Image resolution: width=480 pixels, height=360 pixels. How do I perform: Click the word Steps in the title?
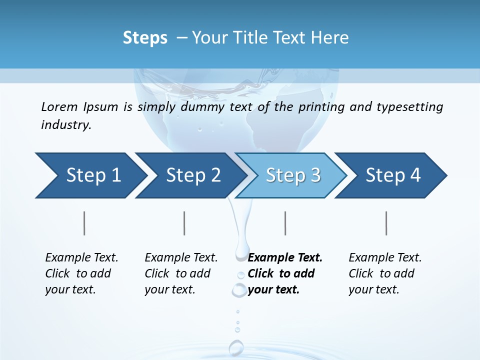(x=145, y=38)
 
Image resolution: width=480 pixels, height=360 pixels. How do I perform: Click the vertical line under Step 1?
(x=84, y=223)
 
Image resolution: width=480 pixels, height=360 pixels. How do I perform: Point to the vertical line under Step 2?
(x=184, y=223)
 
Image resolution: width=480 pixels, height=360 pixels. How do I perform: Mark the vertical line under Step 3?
(x=285, y=223)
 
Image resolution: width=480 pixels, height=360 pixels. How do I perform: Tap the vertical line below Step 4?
(x=386, y=223)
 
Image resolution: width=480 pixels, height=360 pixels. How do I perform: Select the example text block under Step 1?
(x=81, y=273)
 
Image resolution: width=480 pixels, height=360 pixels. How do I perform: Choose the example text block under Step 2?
(x=181, y=273)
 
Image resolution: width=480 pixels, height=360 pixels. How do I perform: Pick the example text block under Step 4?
(x=385, y=273)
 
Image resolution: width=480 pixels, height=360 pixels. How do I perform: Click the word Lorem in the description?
(x=59, y=107)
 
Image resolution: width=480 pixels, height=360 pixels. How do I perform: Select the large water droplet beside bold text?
(x=239, y=289)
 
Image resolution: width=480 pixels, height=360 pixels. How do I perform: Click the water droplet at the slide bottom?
(x=236, y=347)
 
